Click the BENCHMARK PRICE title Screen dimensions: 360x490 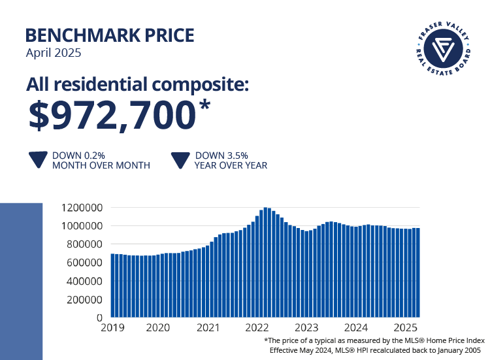(109, 35)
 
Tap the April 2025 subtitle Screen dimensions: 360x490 (53, 54)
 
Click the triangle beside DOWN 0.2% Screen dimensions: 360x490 (38, 161)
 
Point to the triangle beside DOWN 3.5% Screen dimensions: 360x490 (180, 161)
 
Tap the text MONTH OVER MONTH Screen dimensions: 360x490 (101, 166)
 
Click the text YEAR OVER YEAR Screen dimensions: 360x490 (231, 166)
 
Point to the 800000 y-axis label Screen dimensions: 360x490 (84, 244)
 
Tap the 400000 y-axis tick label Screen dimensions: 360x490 (84, 281)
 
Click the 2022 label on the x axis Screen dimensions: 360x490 (258, 329)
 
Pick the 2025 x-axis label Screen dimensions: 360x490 (406, 329)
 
